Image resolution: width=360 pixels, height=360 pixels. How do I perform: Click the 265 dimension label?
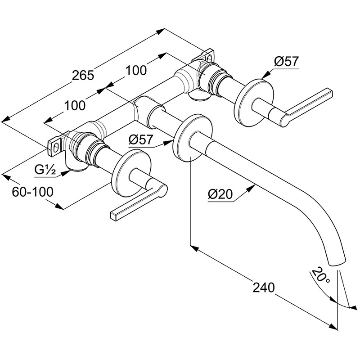pyautogui.click(x=84, y=75)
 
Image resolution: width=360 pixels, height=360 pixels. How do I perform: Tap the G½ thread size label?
pyautogui.click(x=45, y=170)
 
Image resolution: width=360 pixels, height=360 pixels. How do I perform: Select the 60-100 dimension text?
pyautogui.click(x=32, y=192)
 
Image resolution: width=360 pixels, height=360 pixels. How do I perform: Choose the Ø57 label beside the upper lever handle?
pyautogui.click(x=286, y=62)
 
